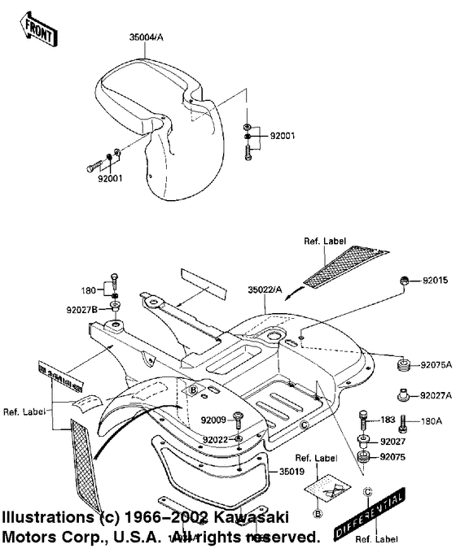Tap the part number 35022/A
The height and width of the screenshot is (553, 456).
click(x=266, y=288)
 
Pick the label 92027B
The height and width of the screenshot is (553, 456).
click(x=82, y=309)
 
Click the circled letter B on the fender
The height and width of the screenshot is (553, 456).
click(x=194, y=391)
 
